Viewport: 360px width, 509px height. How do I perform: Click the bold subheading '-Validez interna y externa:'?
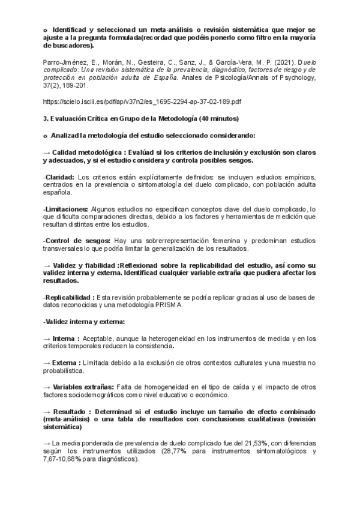tap(80, 322)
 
